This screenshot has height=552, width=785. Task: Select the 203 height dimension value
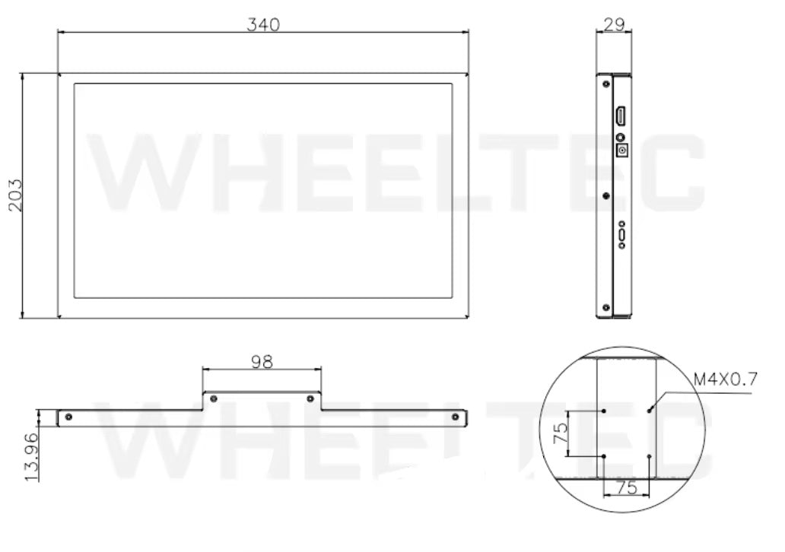pos(13,195)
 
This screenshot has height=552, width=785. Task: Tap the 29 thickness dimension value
pos(614,24)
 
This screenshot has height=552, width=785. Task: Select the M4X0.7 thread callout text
pos(725,379)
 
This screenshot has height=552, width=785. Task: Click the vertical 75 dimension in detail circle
pos(561,433)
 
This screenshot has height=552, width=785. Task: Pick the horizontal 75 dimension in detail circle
pos(626,489)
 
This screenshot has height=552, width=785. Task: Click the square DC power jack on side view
pos(622,151)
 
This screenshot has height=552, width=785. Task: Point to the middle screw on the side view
pos(605,195)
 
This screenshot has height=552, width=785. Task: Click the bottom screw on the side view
pos(605,307)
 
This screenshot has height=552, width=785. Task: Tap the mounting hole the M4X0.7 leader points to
pos(650,410)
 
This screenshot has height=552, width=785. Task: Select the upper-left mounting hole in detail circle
pos(603,410)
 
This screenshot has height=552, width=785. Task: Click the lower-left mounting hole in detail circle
pos(603,456)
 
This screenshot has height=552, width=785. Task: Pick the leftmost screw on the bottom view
pos(69,417)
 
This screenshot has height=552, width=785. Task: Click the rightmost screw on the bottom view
pos(456,417)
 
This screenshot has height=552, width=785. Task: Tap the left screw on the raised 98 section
pos(214,398)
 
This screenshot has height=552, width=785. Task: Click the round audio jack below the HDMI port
pos(620,138)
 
